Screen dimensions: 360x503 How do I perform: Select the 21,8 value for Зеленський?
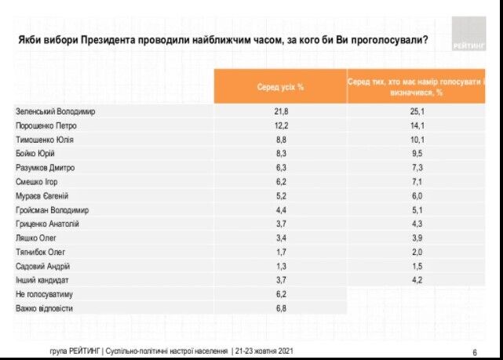(280, 111)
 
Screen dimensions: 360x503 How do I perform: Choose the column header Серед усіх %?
(280, 86)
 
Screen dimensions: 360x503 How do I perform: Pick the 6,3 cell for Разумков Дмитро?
(280, 168)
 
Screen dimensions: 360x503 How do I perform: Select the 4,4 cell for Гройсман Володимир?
(280, 210)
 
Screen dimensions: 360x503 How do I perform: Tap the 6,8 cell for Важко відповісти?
(280, 309)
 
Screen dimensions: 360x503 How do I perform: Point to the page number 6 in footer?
(475, 351)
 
